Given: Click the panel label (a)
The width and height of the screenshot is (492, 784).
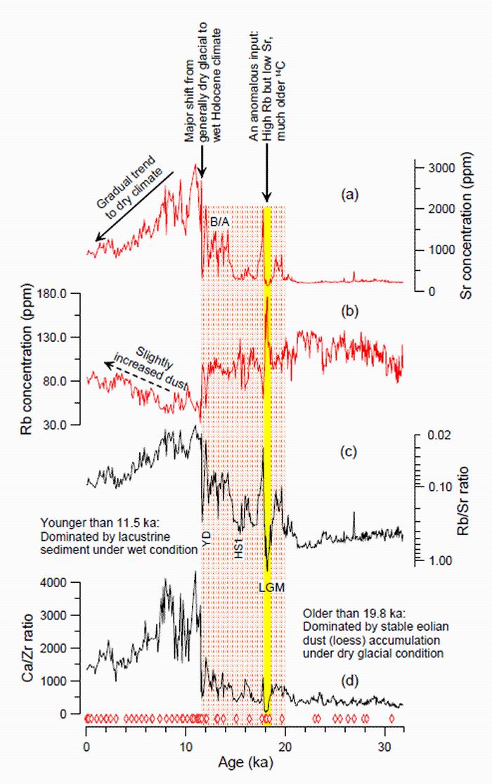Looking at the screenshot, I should click(x=348, y=196).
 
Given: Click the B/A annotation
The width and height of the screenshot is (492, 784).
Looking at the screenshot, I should click(x=220, y=221).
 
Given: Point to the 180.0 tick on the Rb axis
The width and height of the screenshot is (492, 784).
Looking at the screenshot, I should click(x=59, y=293).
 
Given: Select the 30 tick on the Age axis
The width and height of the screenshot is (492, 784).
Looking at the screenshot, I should click(x=383, y=745).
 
